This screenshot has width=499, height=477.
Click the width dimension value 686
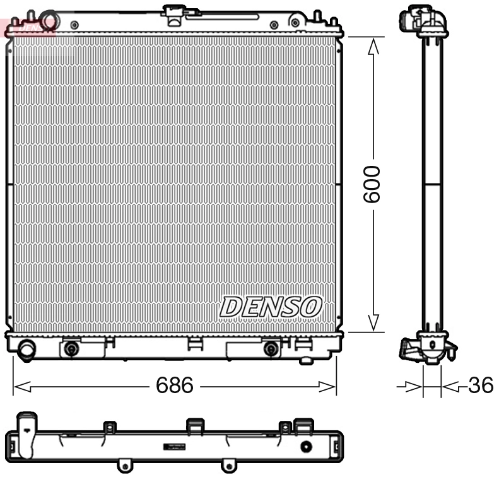click(x=174, y=386)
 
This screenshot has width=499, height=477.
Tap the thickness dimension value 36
click(x=481, y=386)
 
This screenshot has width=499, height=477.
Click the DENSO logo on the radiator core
click(x=271, y=307)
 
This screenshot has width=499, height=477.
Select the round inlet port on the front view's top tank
click(x=48, y=20)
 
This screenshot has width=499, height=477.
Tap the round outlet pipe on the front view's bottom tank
click(x=27, y=350)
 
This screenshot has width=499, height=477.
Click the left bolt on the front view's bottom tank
click(x=72, y=349)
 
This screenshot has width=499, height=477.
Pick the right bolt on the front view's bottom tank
click(x=271, y=349)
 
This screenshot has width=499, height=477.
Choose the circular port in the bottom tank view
click(x=307, y=447)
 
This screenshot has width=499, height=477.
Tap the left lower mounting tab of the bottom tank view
click(x=125, y=466)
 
